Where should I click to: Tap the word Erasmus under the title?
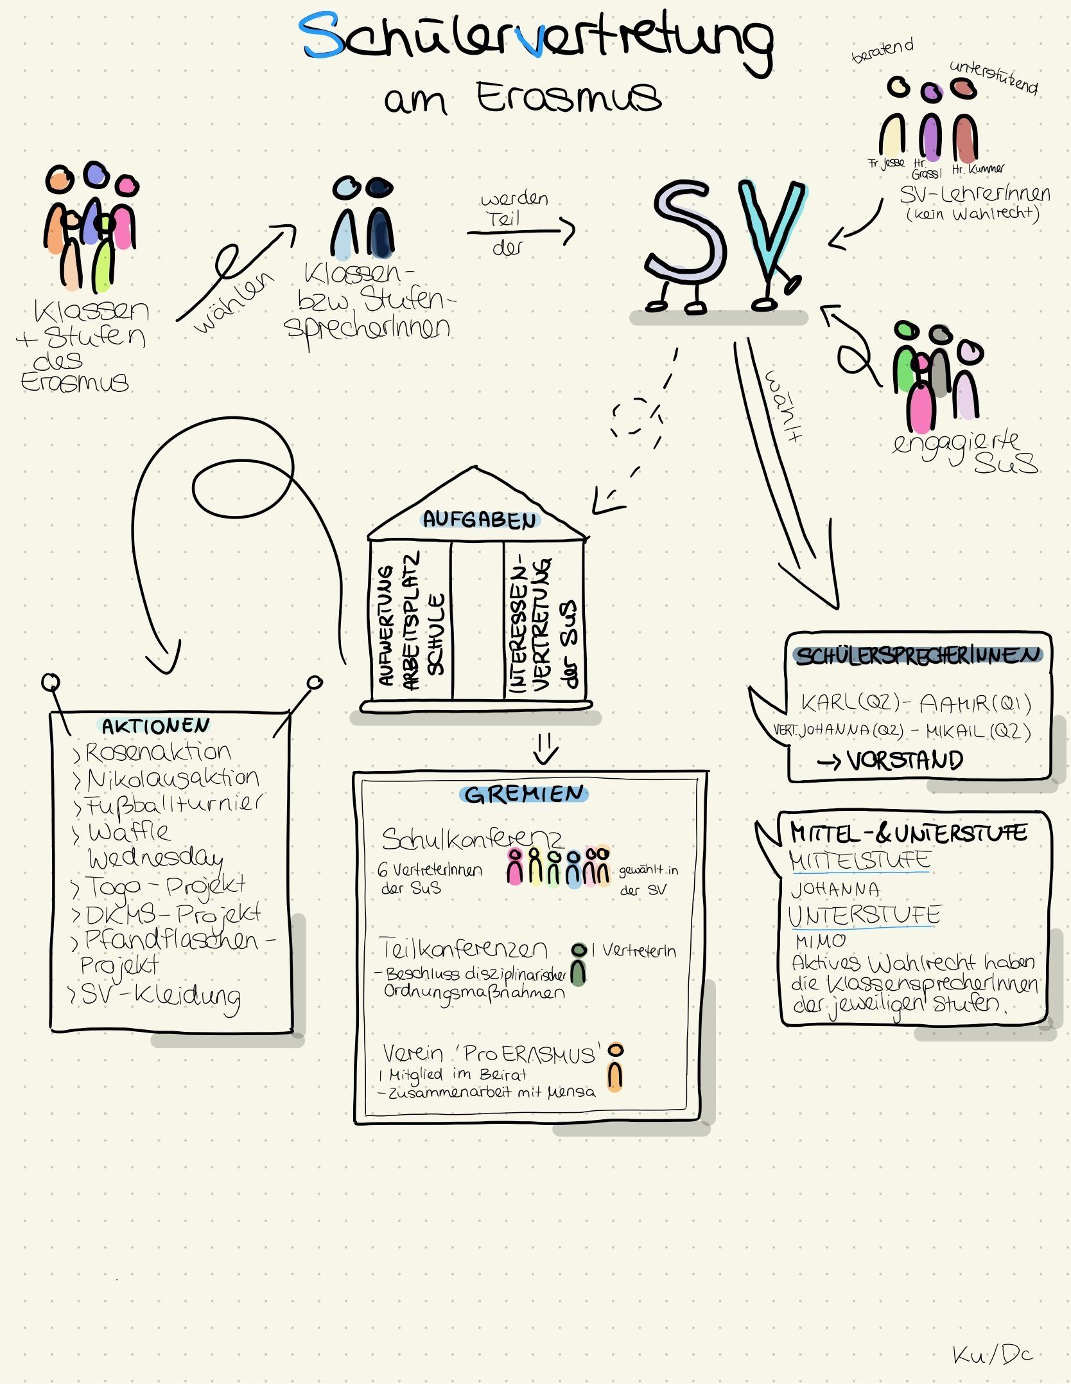coord(568,98)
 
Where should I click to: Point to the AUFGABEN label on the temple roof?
coord(479,519)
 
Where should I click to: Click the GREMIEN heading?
coord(524,794)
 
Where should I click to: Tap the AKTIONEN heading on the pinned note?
coord(155,726)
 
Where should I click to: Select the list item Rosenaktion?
coord(157,752)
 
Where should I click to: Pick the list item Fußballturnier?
coord(173,804)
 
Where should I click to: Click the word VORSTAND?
coord(904,761)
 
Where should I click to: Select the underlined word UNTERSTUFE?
coord(864,915)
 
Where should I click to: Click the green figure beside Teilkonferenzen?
coord(579,965)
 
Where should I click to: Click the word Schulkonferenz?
coord(472,838)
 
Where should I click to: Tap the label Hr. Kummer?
coord(978,170)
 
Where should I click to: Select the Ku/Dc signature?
coord(993,1355)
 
